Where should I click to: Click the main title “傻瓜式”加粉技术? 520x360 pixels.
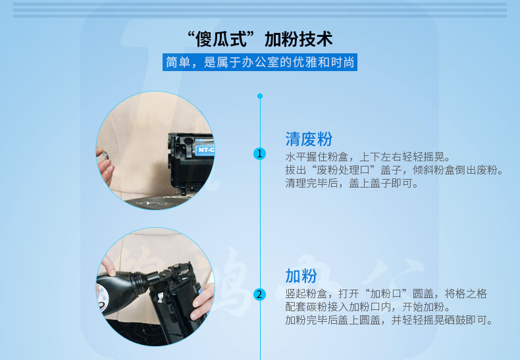(259, 39)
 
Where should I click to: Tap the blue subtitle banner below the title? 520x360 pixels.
(259, 63)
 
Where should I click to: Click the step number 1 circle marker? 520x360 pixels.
(259, 153)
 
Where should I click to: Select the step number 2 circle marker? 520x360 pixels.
(259, 294)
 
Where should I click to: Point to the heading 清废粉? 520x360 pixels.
(309, 139)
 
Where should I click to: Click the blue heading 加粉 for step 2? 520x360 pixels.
(301, 276)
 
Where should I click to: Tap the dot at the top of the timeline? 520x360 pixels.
(260, 96)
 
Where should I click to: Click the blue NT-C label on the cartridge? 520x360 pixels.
(205, 150)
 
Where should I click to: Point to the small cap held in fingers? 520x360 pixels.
(105, 155)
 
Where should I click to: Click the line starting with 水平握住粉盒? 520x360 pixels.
(367, 157)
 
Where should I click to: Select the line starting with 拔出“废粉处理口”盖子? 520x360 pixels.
(395, 170)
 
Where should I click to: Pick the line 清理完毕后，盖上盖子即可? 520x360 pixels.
(352, 183)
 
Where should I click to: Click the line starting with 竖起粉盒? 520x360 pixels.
(386, 294)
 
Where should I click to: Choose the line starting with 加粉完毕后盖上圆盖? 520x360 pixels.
(389, 321)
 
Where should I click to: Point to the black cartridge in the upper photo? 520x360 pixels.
(191, 163)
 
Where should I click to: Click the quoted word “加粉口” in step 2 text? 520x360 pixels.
(386, 294)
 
